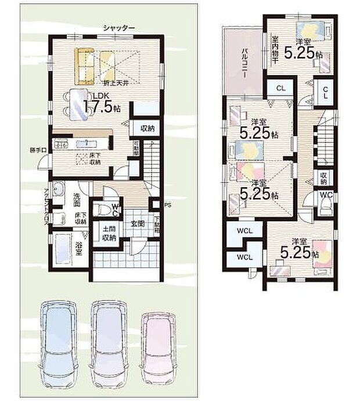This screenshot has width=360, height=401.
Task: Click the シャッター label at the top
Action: (119, 27)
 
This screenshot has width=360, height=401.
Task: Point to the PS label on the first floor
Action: (168, 205)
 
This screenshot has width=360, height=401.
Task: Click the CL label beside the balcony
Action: (280, 88)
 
